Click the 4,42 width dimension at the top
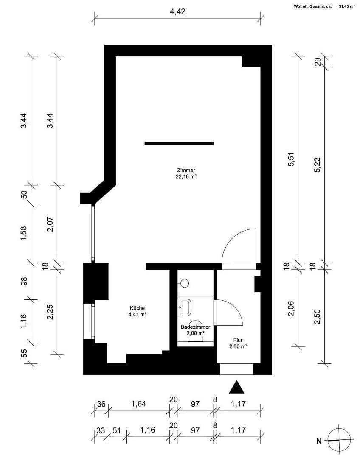coord(178,11)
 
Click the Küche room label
coord(138,308)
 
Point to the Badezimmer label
coord(195,327)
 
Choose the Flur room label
coord(237,340)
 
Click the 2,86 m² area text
coord(237,346)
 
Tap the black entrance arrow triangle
coord(237,387)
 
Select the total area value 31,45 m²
coord(347,6)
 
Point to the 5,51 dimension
coord(291,159)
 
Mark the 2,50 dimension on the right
coord(317,316)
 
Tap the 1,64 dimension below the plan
coord(139,404)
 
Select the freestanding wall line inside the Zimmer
coord(179,143)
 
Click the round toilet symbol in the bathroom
coord(184,282)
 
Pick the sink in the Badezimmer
coord(185,305)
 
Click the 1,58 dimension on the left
coord(24,232)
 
